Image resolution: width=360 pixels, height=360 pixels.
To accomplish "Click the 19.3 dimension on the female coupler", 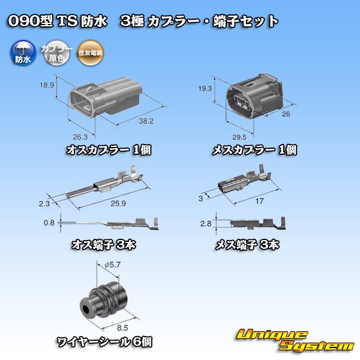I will pyautogui.click(x=205, y=88).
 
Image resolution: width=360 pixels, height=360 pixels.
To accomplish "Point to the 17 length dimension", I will pyautogui.click(x=260, y=202).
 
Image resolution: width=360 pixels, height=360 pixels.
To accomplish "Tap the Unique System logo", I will pyautogui.click(x=293, y=340).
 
